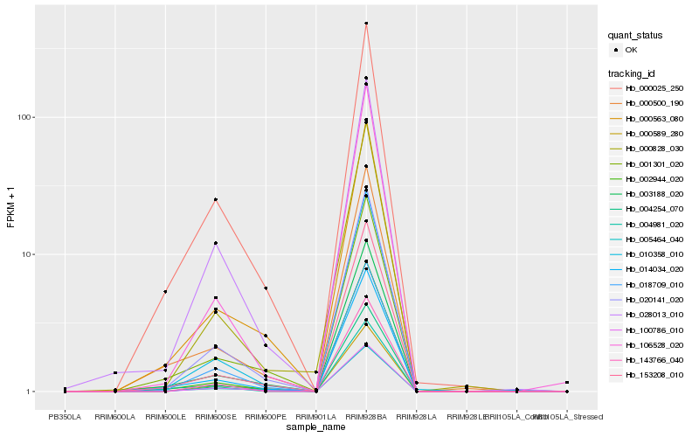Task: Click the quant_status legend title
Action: [x=636, y=35]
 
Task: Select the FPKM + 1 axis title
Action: [x=11, y=207]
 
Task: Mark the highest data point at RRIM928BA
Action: [x=366, y=24]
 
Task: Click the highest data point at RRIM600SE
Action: [x=215, y=199]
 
